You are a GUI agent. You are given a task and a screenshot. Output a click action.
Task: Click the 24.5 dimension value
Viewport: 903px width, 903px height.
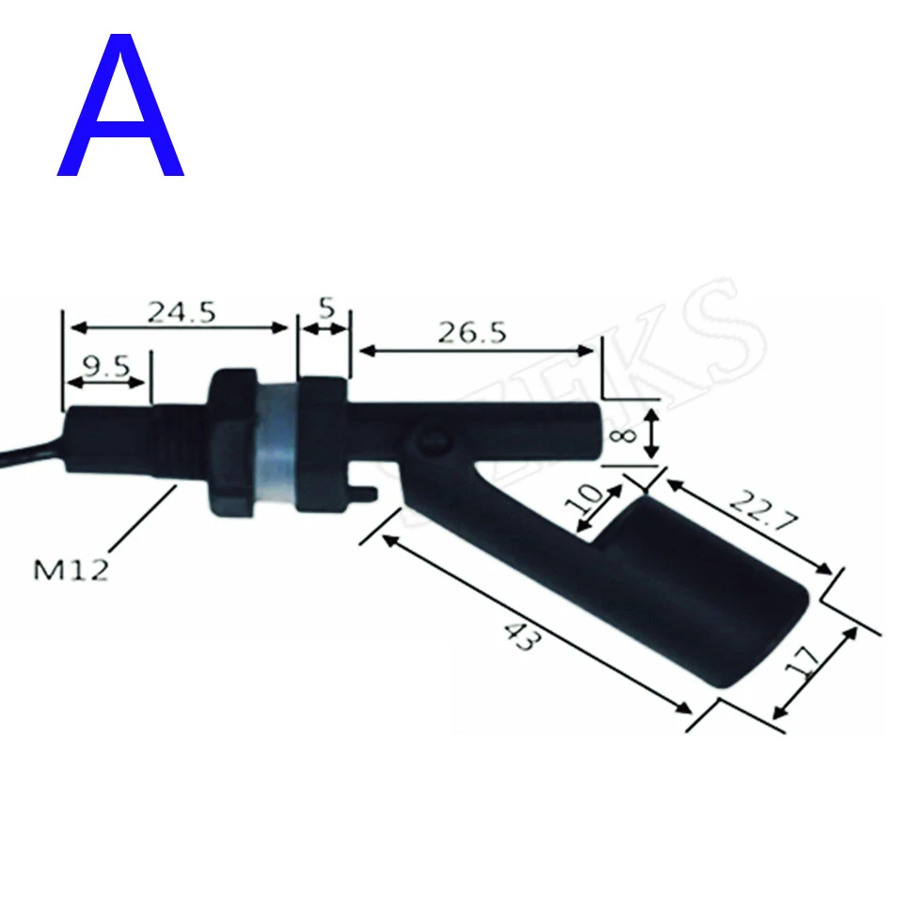pos(181,311)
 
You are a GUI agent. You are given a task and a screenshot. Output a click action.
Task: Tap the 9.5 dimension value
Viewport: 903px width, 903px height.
pos(104,367)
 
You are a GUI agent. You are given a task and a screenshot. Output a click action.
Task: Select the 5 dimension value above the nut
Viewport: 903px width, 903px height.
pos(325,308)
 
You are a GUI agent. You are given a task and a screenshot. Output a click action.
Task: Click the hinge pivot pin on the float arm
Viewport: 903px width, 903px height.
pos(432,439)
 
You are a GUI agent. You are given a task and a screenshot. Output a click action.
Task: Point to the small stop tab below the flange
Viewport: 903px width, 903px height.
pos(369,491)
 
